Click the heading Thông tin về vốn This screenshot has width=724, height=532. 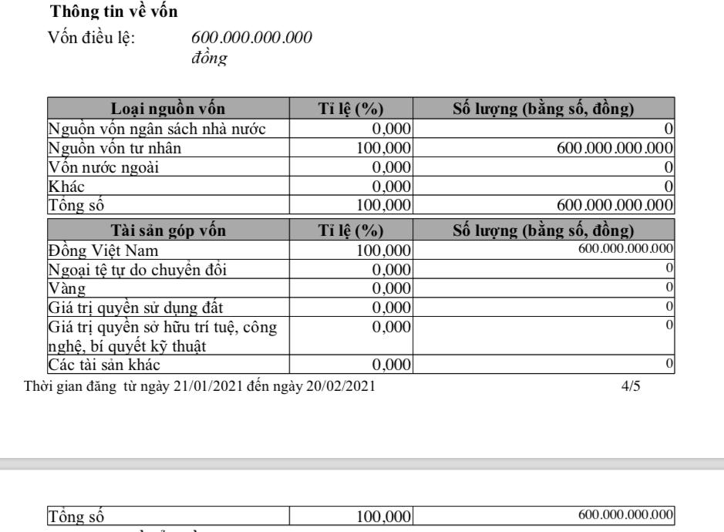pos(113,12)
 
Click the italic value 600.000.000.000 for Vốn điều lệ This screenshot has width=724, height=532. pos(251,38)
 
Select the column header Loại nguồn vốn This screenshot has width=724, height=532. pos(168,109)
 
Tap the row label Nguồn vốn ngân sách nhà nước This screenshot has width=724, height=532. pos(157,129)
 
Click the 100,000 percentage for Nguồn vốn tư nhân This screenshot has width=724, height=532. pos(385,148)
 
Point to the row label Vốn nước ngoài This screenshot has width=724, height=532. pos(103,167)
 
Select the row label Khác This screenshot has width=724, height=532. pos(66,187)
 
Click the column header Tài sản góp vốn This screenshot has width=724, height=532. pos(168,231)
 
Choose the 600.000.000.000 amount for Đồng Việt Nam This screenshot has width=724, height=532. pos(625,248)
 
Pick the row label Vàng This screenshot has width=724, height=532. pos(67,288)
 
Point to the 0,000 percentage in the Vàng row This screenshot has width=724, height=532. pos(392,288)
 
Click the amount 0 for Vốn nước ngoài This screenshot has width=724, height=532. pos(668,167)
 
